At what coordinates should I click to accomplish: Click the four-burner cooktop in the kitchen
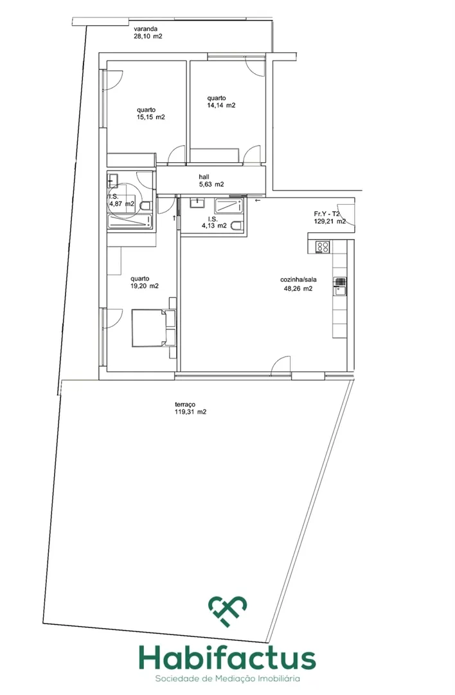(x=322, y=247)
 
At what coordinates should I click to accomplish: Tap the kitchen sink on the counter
(x=340, y=286)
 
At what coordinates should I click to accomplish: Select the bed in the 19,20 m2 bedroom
(x=154, y=328)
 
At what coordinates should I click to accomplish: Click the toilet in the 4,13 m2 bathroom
(x=237, y=225)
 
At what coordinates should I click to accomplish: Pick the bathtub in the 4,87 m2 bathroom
(x=130, y=221)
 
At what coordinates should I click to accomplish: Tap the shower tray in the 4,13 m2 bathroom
(x=229, y=206)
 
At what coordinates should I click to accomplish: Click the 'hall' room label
(x=204, y=177)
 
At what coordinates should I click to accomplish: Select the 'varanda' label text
(x=145, y=29)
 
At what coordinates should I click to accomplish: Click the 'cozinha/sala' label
(x=298, y=280)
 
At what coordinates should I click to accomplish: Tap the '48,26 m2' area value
(x=298, y=288)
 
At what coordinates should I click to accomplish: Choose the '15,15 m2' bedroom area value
(x=151, y=118)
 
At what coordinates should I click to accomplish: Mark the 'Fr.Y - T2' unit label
(x=327, y=214)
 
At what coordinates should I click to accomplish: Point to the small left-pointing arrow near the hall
(x=258, y=200)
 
